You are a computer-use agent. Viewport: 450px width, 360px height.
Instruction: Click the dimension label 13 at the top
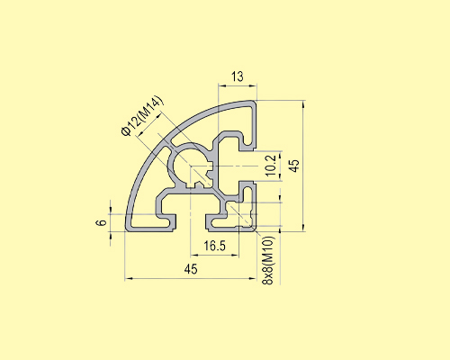click(x=237, y=77)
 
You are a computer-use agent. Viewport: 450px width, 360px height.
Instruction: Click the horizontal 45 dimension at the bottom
click(x=191, y=269)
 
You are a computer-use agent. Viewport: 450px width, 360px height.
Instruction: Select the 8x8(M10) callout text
click(x=268, y=261)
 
